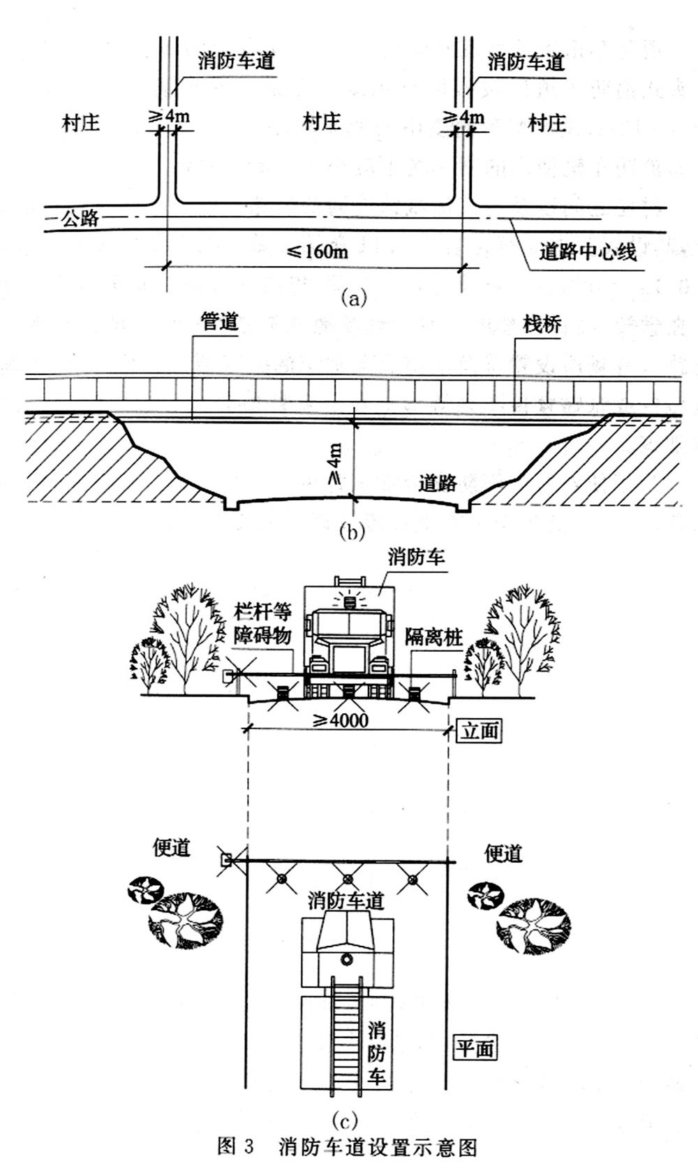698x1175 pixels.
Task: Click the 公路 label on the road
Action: (x=80, y=219)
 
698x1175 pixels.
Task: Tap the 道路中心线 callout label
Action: (x=588, y=251)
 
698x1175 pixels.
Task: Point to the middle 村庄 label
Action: (x=321, y=122)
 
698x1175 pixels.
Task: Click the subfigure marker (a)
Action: (x=352, y=298)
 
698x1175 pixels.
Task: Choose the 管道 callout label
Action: (x=219, y=322)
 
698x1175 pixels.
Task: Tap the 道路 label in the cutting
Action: (x=438, y=483)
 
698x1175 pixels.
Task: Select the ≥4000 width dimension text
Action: (x=340, y=720)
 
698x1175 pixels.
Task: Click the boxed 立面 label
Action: (x=481, y=731)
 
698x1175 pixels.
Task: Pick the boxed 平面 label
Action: (x=475, y=1048)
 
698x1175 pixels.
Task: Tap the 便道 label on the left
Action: (x=172, y=848)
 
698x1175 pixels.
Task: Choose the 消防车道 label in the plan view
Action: (x=346, y=900)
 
